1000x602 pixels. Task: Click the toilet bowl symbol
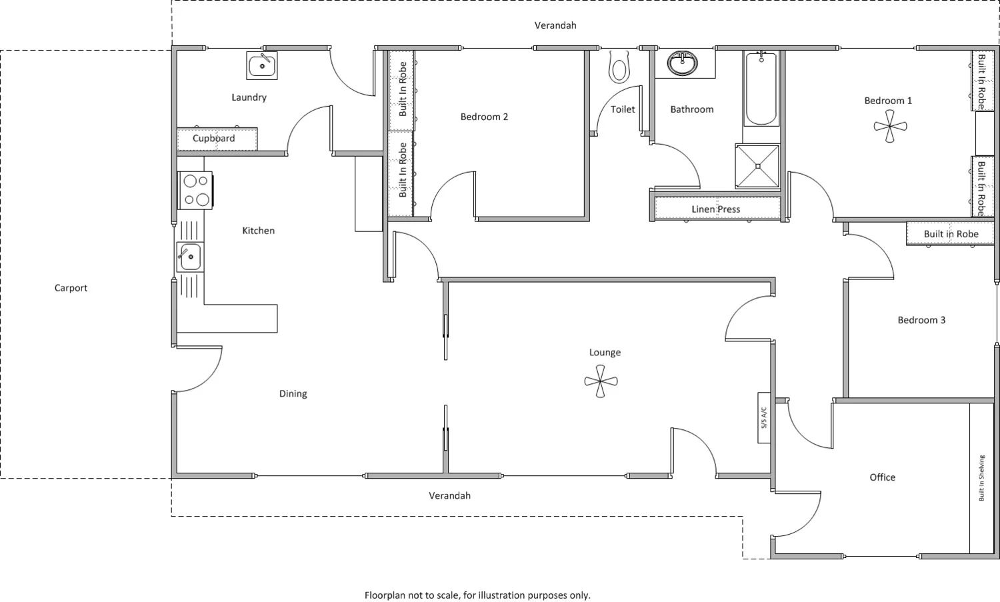coord(619,68)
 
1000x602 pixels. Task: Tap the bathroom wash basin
coord(683,64)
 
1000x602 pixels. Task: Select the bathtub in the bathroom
coord(761,90)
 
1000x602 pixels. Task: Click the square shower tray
coord(757,166)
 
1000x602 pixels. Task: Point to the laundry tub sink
coord(262,65)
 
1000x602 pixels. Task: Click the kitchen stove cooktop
coord(195,190)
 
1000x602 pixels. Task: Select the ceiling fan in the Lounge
coord(601,382)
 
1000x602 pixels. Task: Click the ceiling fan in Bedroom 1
coord(890,126)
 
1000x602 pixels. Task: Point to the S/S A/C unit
coord(764,417)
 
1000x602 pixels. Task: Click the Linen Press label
coord(715,209)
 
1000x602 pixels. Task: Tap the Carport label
coord(71,288)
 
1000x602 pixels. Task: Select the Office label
coord(882,477)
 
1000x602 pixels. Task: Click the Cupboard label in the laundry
coord(213,139)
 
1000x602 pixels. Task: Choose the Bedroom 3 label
coord(921,320)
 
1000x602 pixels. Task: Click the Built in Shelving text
coord(981,478)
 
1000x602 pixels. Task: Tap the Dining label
coord(293,394)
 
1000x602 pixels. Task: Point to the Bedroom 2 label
coord(484,117)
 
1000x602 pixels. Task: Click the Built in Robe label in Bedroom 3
coord(951,234)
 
